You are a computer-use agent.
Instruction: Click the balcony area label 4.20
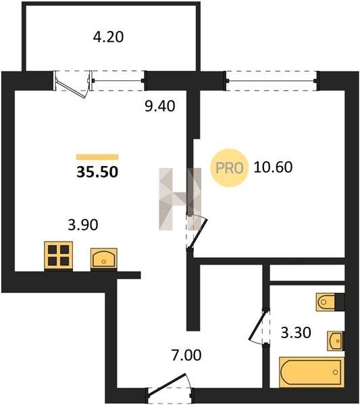pos(108,37)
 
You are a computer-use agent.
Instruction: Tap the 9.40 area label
pos(160,106)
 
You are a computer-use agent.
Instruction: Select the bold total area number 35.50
pos(97,171)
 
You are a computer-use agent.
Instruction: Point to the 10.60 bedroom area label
pos(273,167)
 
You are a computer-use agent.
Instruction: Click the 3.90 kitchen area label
pos(83,225)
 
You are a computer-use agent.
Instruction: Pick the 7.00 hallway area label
pos(186,355)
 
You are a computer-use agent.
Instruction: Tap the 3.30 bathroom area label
pos(296,333)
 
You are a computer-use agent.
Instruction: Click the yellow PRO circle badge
pos(230,168)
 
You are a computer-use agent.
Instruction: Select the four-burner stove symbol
pos(58,256)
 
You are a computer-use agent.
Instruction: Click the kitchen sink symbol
pos(103,259)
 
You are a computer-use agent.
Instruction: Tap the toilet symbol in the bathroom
pos(330,302)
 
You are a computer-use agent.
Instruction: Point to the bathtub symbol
pos(312,372)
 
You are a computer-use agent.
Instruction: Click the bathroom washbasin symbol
pos(336,341)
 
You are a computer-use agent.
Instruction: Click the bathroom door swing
pos(259,327)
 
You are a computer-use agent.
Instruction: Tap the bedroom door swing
pos(197,231)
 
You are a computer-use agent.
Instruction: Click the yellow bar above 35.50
pos(97,157)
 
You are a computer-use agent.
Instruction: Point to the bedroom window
pos(272,81)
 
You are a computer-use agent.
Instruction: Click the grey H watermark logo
pos(180,199)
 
